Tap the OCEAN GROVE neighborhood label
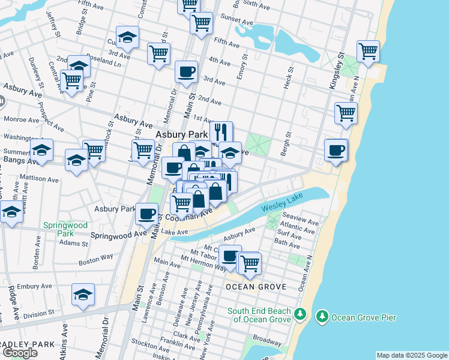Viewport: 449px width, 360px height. click(254, 287)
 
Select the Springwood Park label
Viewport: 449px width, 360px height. click(65, 229)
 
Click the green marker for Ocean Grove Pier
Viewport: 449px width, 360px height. click(322, 316)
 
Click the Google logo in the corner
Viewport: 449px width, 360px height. click(20, 352)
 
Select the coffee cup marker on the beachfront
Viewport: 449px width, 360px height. click(336, 150)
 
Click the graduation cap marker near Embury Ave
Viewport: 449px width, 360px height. click(83, 294)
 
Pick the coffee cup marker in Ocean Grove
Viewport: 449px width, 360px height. click(230, 256)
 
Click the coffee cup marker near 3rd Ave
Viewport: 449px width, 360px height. click(186, 71)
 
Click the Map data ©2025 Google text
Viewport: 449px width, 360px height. click(412, 355)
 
